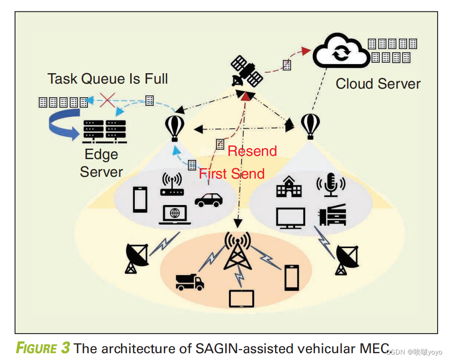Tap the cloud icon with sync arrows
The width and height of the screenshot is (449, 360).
click(341, 52)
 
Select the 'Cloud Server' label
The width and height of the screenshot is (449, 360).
click(378, 84)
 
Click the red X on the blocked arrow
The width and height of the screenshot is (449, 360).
click(107, 100)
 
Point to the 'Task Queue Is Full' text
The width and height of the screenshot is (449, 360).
click(107, 79)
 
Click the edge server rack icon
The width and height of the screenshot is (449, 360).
click(104, 130)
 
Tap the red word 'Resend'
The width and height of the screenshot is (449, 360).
click(252, 151)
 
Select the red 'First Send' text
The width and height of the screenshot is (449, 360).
click(232, 174)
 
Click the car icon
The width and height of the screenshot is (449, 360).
click(209, 200)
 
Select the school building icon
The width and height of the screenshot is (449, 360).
click(289, 187)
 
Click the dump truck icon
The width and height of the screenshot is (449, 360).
click(190, 282)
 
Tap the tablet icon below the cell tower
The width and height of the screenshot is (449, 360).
click(241, 298)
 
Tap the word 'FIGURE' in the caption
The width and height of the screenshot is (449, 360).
click(36, 348)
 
